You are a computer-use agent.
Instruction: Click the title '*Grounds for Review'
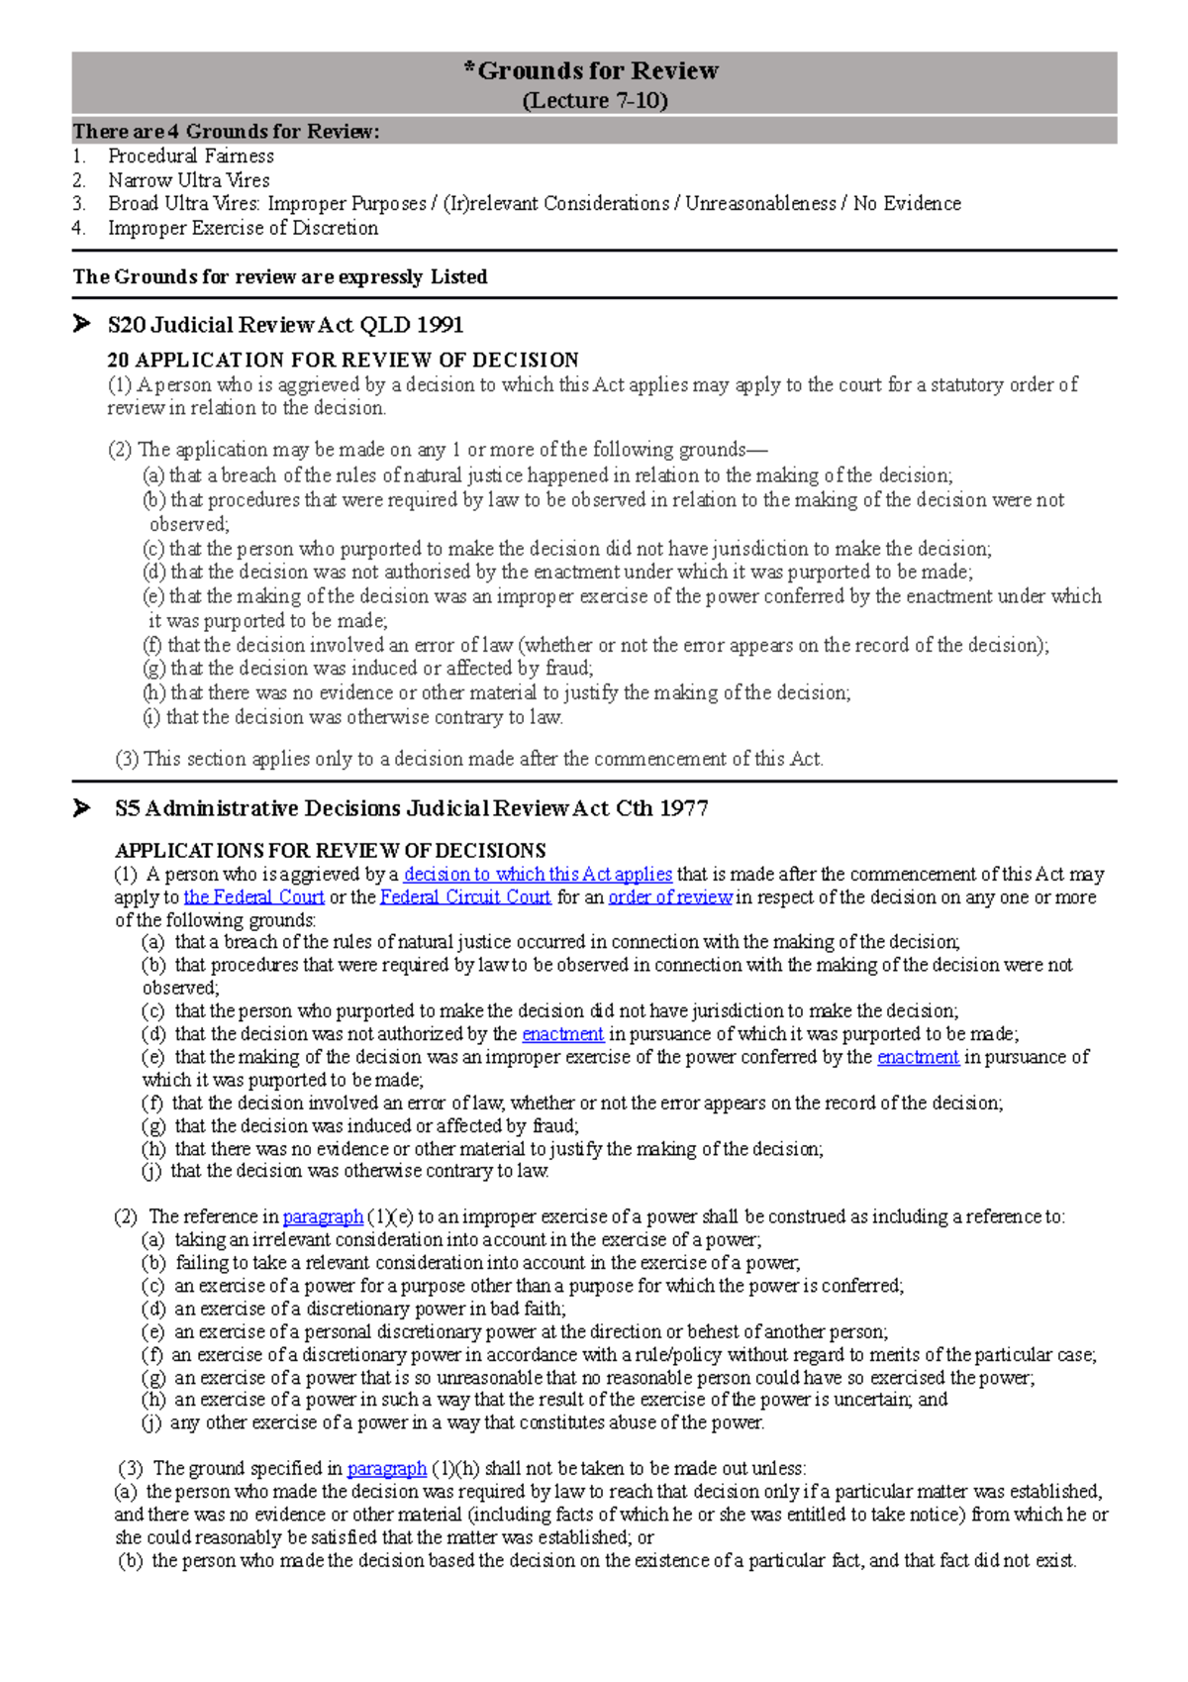[x=593, y=70]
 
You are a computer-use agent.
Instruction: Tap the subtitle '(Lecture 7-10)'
[x=594, y=101]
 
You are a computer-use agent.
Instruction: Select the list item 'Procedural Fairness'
[x=190, y=156]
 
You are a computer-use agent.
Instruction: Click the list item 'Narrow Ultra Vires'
[x=188, y=180]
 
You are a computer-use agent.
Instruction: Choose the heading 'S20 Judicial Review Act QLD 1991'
[x=285, y=325]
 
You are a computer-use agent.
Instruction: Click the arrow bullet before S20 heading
[x=81, y=323]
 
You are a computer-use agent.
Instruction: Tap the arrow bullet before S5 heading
[x=81, y=807]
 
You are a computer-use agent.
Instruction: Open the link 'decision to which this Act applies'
[x=538, y=874]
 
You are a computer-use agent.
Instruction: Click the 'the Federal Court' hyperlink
[x=253, y=896]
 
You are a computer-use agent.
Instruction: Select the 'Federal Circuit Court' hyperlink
[x=464, y=896]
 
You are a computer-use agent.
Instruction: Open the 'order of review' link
[x=669, y=896]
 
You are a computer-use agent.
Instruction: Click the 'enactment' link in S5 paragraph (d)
[x=562, y=1033]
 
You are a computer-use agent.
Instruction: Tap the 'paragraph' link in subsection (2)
[x=323, y=1215]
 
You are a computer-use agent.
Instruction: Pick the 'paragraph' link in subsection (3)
[x=386, y=1467]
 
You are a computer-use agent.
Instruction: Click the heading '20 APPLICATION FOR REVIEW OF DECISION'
[x=343, y=360]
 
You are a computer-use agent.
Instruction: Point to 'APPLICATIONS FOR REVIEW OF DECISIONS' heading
[x=330, y=850]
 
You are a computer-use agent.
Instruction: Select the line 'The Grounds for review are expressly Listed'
[x=280, y=277]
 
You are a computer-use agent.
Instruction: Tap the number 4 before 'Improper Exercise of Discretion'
[x=78, y=228]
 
